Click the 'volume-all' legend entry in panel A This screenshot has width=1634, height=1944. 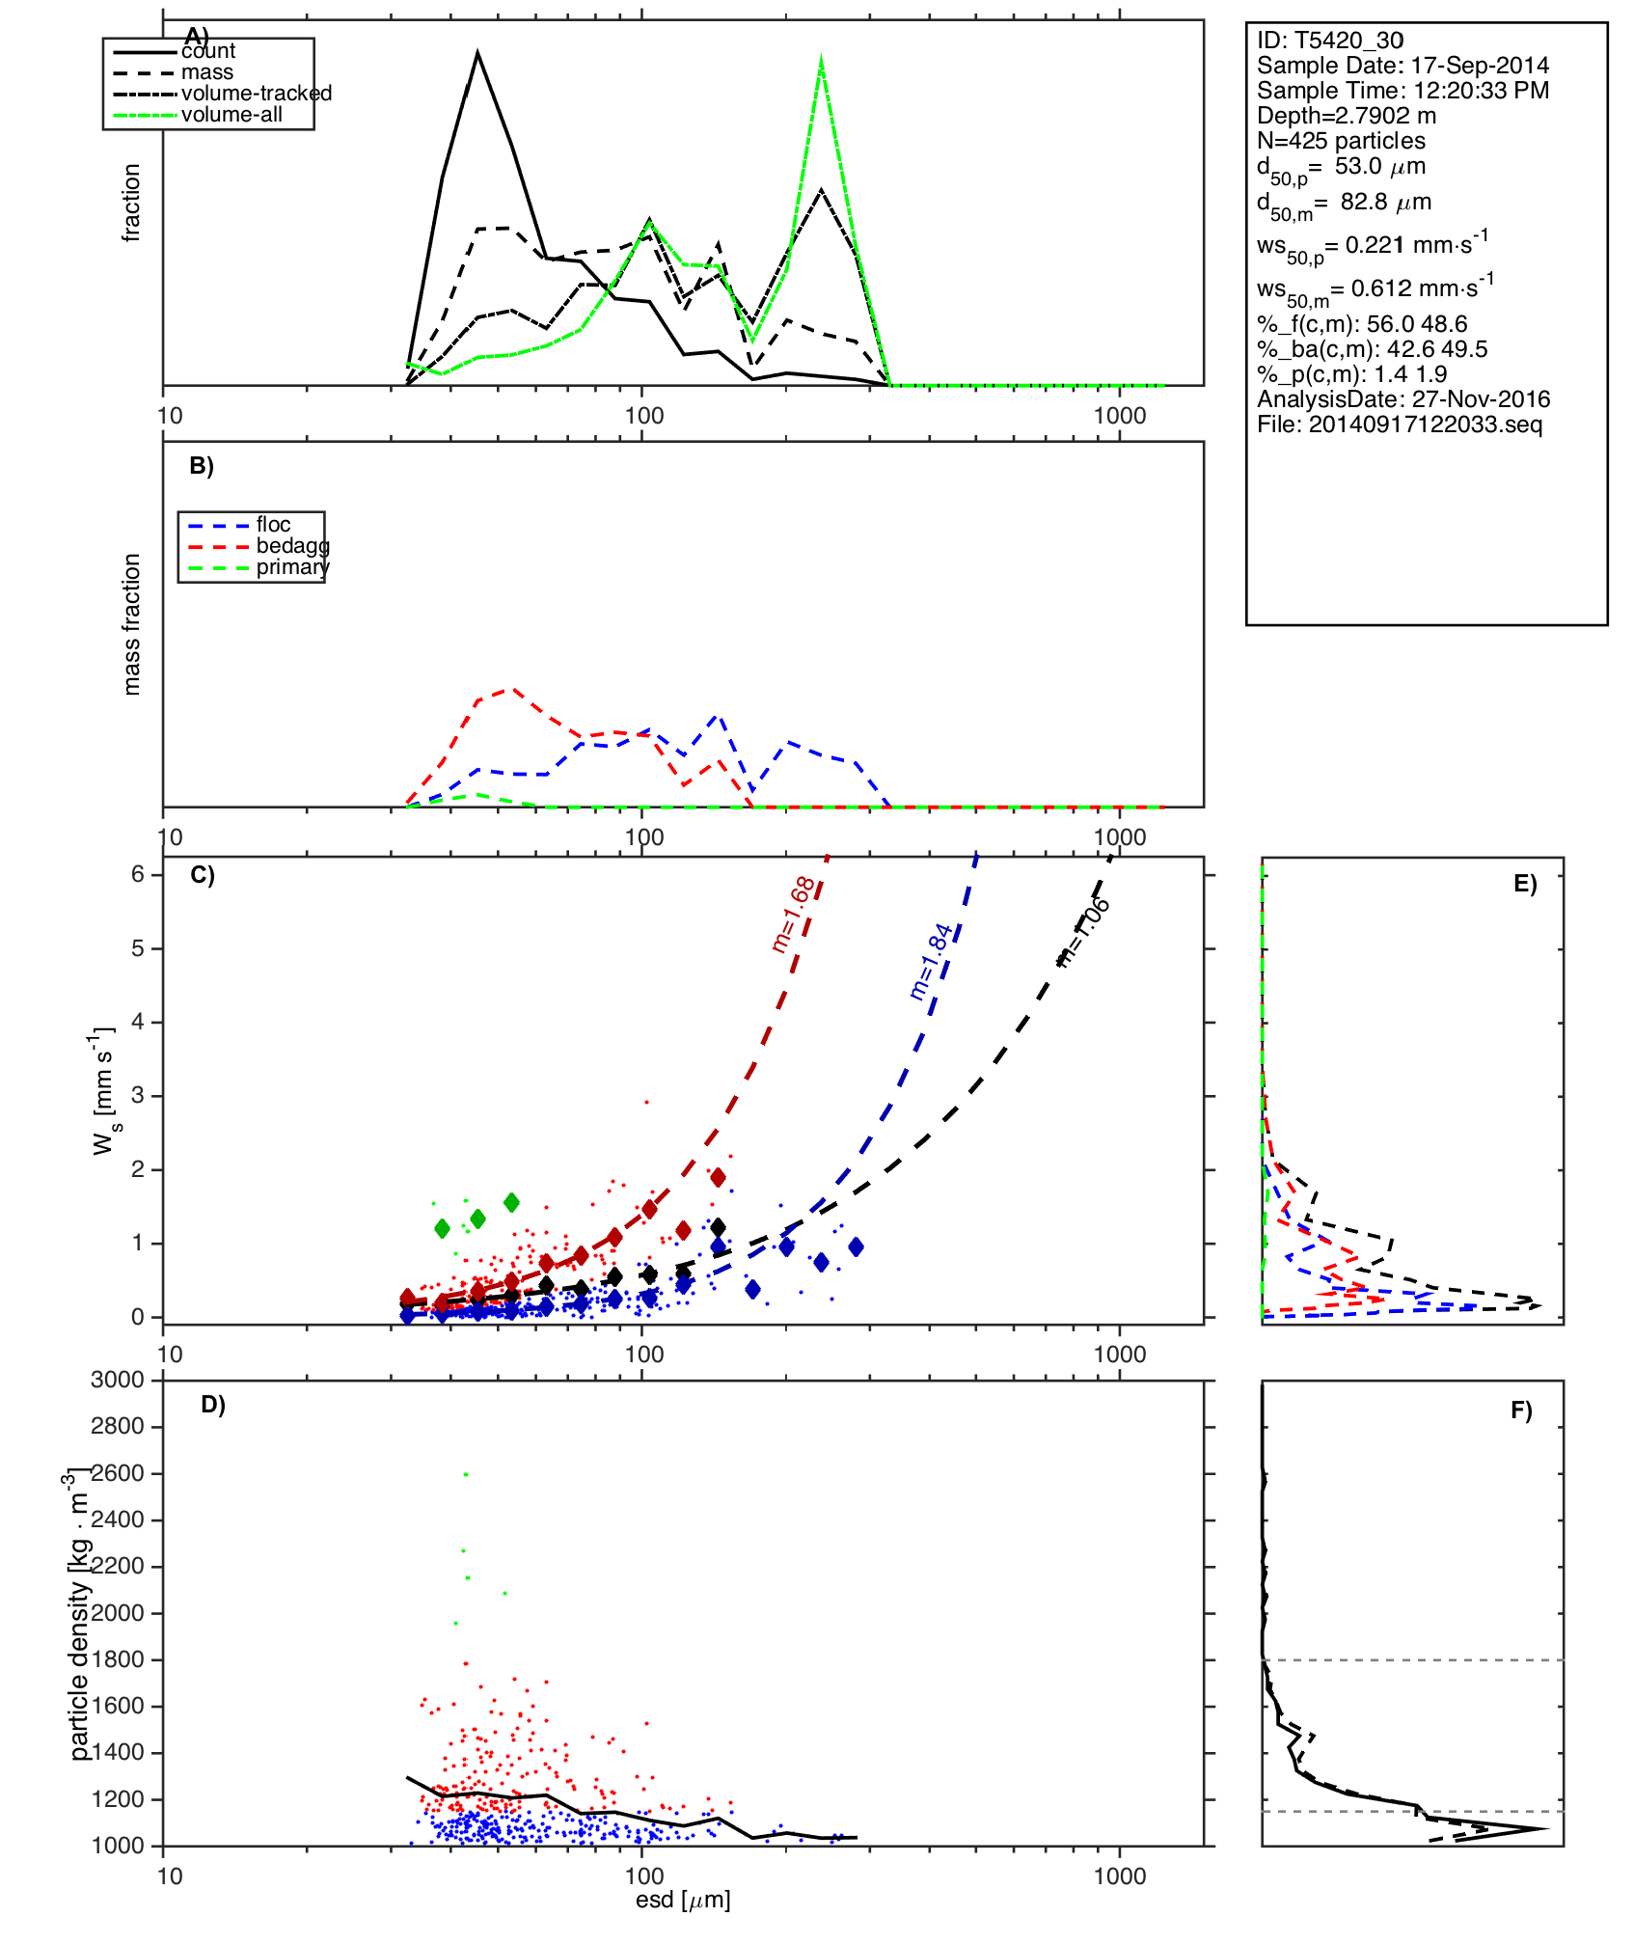[231, 115]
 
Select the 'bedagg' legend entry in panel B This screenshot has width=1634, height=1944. [292, 546]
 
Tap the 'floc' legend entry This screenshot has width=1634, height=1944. [273, 525]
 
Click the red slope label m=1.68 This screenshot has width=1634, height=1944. [794, 915]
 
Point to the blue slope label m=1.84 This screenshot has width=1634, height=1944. [931, 962]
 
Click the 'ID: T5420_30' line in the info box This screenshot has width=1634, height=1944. [1329, 41]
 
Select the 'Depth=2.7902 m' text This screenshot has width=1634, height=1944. [1346, 116]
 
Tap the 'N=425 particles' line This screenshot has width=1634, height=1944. [1340, 141]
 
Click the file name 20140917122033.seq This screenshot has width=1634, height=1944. [1399, 424]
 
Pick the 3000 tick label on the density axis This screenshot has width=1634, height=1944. [117, 1380]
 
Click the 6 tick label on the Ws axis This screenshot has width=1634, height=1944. [138, 874]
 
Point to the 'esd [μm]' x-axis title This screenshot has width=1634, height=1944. [682, 1900]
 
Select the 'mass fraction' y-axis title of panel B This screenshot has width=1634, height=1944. [131, 624]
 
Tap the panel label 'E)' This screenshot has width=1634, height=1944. [1524, 884]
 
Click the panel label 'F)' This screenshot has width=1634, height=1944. [1521, 1410]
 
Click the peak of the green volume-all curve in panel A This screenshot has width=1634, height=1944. [821, 60]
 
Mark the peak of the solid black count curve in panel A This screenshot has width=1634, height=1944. [477, 52]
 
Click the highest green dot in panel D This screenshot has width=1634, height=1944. [466, 1474]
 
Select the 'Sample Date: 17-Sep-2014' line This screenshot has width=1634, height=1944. [1402, 66]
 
